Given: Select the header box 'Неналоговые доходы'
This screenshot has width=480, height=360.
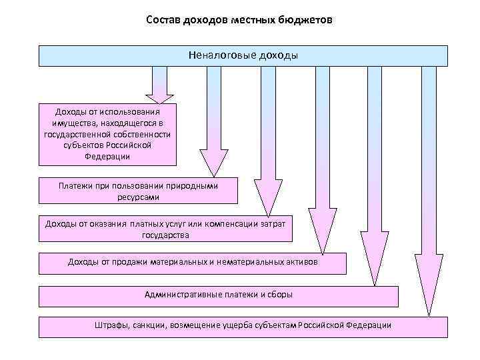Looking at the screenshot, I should (x=243, y=55).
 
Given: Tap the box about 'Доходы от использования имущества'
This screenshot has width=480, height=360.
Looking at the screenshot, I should (x=107, y=133).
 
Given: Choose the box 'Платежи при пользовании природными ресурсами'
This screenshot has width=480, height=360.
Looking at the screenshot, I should (x=137, y=191).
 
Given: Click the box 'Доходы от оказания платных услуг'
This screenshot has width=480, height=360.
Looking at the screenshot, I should (x=165, y=229).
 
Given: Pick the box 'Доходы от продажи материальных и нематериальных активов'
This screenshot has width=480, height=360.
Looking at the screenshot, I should (x=193, y=263).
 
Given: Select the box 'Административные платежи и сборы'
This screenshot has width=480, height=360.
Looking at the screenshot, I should (x=218, y=295).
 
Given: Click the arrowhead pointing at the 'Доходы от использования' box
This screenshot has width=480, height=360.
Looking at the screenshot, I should (x=159, y=95).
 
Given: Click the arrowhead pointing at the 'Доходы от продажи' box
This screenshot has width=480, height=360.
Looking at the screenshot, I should (x=323, y=243).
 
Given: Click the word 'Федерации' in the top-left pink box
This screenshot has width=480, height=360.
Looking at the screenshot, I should (x=107, y=157).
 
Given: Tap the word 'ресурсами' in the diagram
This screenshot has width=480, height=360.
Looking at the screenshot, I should (x=138, y=197).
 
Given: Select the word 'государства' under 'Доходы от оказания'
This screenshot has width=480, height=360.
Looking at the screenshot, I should (x=165, y=235).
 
